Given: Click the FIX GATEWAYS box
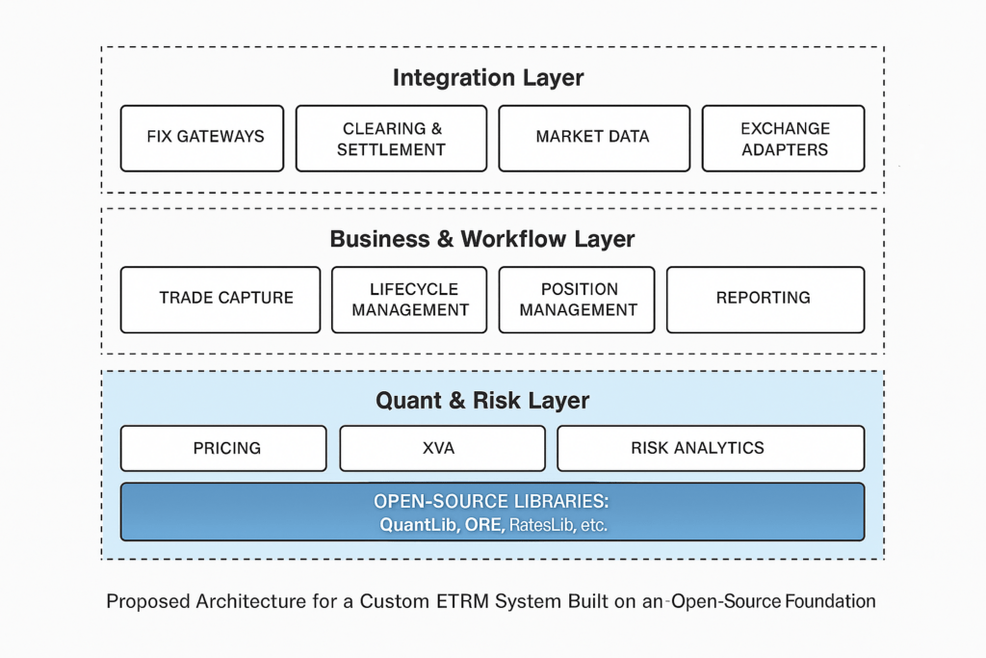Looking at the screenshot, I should tap(205, 138).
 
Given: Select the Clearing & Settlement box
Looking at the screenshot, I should tap(391, 138).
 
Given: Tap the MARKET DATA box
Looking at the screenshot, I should tap(593, 138).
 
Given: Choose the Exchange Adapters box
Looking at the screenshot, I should tap(784, 138).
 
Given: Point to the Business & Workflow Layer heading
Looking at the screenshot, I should tap(482, 239).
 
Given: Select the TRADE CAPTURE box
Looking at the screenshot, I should tap(221, 299).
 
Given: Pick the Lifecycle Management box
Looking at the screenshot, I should tap(410, 299).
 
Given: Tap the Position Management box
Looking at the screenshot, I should tap(577, 299).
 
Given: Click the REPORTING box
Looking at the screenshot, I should tap(765, 299).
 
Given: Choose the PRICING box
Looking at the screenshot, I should tap(223, 448).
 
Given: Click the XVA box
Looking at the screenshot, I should tap(442, 448).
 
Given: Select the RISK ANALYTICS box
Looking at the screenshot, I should tap(711, 448).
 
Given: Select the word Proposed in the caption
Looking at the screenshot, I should tap(145, 602).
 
